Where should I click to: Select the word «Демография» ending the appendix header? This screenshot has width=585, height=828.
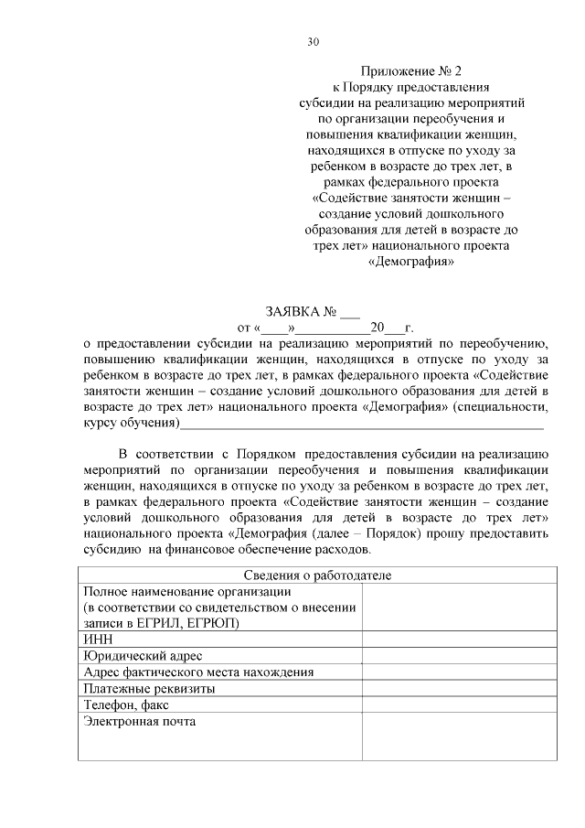[411, 262]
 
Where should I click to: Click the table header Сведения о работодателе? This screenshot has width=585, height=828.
[317, 575]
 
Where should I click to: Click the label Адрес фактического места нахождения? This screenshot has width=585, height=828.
[198, 672]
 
